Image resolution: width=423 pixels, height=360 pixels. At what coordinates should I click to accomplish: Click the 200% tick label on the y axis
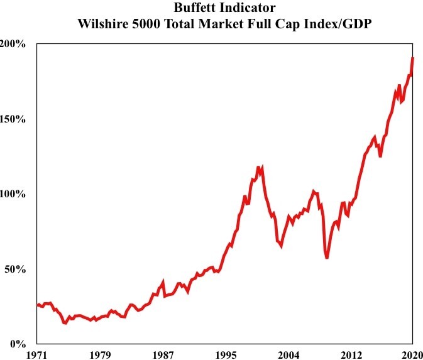pyautogui.click(x=13, y=44)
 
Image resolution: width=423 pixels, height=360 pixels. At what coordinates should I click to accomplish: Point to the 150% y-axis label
pyautogui.click(x=13, y=119)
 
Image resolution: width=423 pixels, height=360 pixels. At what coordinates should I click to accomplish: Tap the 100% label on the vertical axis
pyautogui.click(x=13, y=194)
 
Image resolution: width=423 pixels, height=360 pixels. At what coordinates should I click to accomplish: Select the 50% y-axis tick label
pyautogui.click(x=16, y=269)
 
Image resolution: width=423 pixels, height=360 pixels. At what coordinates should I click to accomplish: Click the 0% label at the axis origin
pyautogui.click(x=18, y=344)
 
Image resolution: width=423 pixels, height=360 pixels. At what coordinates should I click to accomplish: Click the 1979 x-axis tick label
pyautogui.click(x=99, y=354)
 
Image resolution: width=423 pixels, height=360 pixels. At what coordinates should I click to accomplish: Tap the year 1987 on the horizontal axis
pyautogui.click(x=162, y=354)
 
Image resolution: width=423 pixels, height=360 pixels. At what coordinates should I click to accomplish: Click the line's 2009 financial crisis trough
pyautogui.click(x=327, y=258)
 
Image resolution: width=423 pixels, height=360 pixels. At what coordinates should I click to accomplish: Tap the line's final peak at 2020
pyautogui.click(x=413, y=58)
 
